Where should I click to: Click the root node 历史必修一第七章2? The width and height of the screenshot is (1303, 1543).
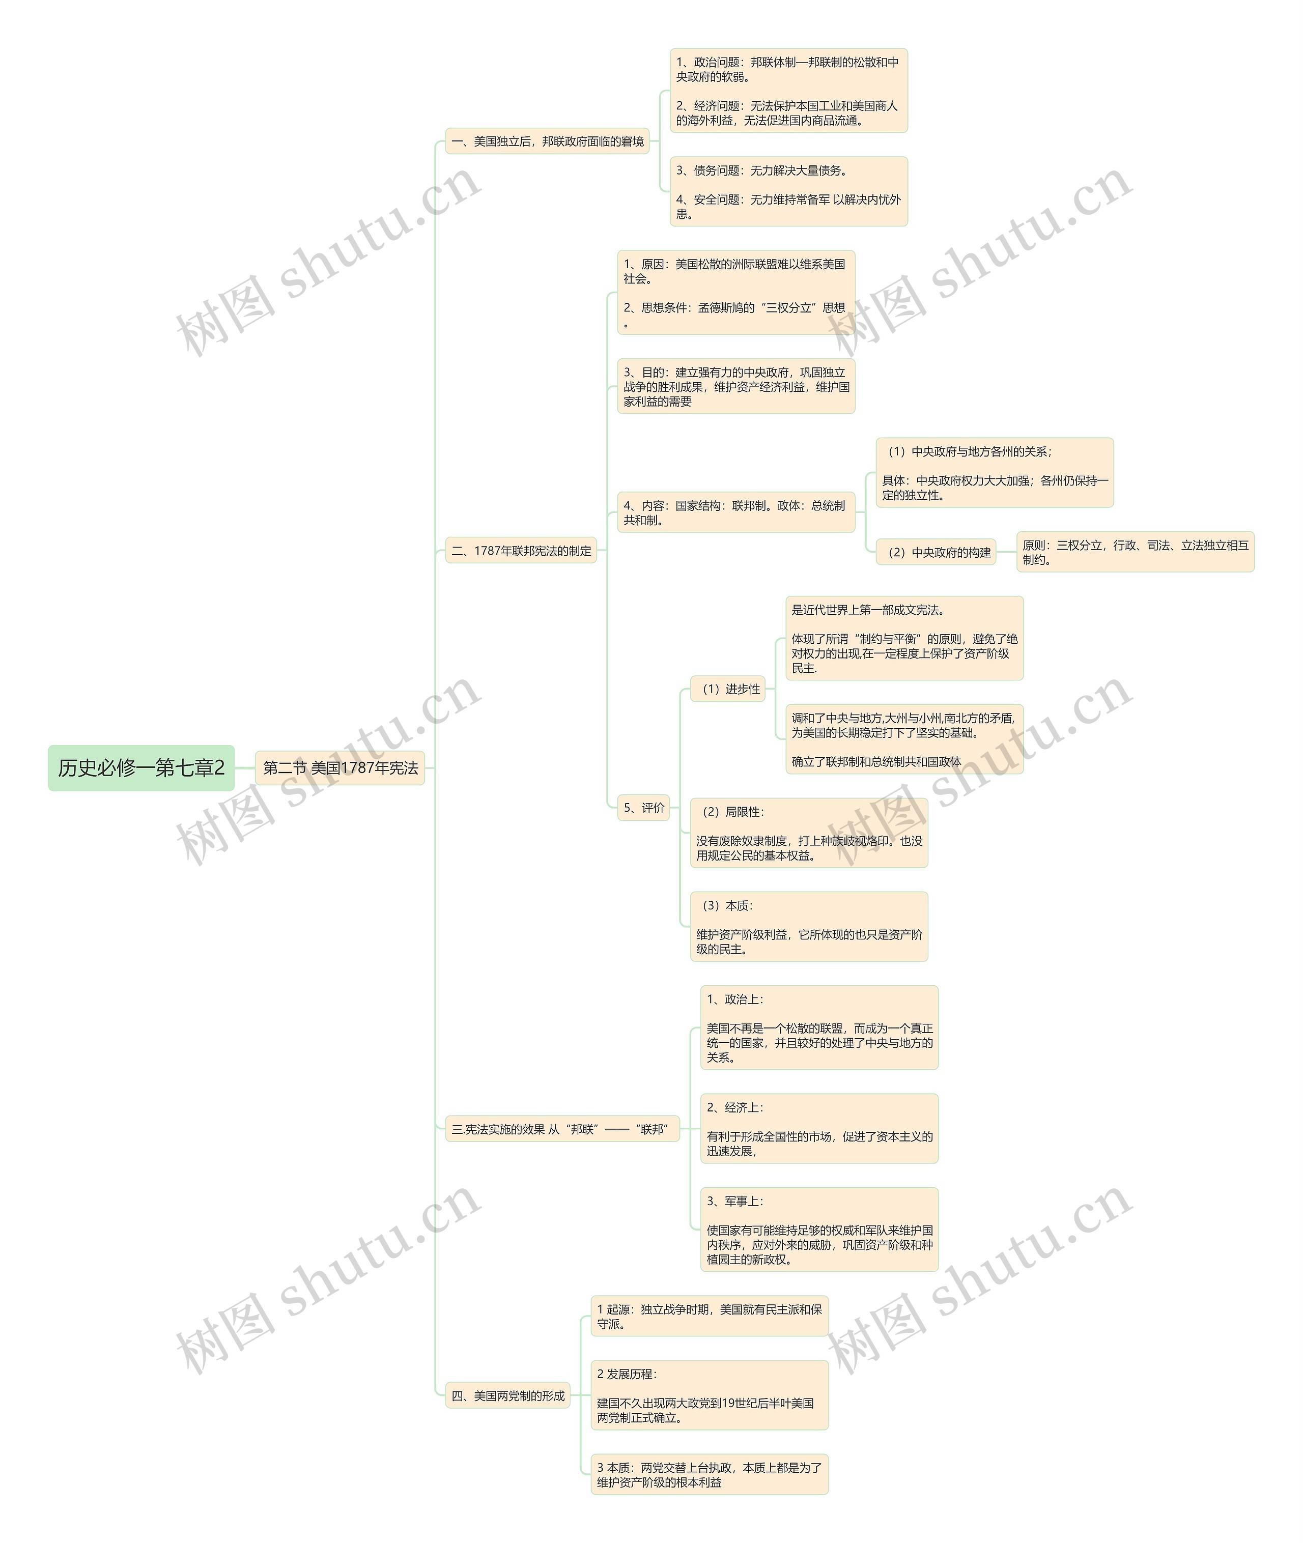click(141, 767)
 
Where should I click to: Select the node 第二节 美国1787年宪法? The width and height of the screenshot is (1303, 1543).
click(340, 767)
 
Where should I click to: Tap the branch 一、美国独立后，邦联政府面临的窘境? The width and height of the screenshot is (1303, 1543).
click(547, 141)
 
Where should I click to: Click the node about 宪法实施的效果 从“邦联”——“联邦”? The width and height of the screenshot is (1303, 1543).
click(561, 1129)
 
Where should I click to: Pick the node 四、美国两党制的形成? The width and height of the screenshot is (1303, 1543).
click(507, 1395)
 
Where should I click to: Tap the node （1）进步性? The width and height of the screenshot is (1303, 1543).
click(727, 689)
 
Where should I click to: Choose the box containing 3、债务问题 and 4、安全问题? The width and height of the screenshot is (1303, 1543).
click(788, 191)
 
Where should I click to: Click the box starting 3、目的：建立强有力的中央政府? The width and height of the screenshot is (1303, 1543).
click(735, 386)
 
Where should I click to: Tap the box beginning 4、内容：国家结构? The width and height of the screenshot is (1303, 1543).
click(735, 512)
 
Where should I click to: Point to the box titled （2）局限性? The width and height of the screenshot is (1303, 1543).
click(809, 833)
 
